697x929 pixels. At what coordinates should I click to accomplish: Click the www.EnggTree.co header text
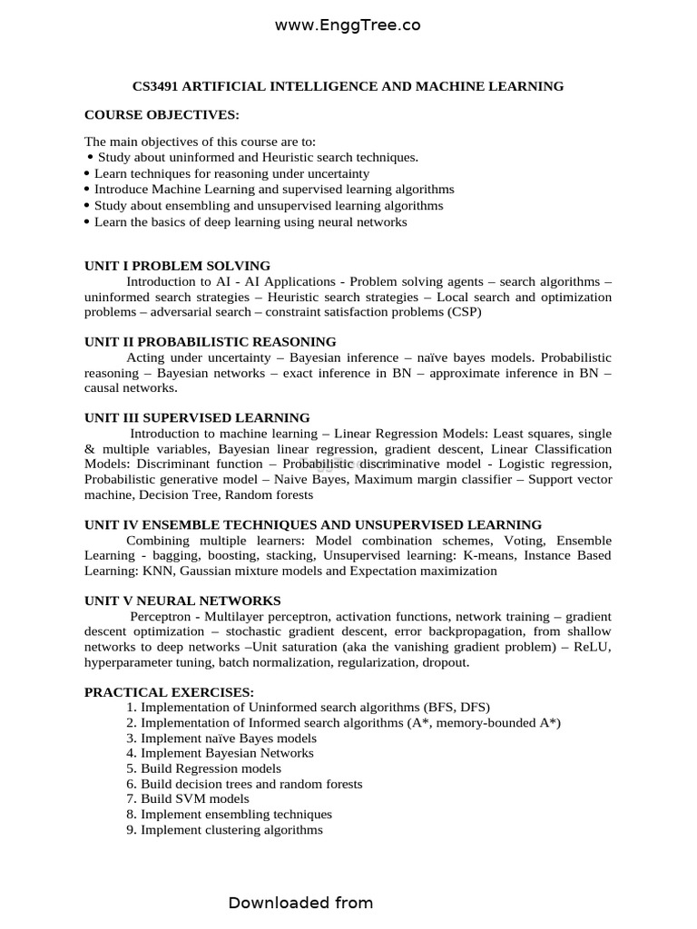pyautogui.click(x=348, y=26)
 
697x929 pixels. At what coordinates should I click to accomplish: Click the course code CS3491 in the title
pyautogui.click(x=156, y=86)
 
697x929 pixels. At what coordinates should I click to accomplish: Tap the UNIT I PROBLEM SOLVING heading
pyautogui.click(x=177, y=266)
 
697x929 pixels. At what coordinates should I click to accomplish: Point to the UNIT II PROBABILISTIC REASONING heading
pyautogui.click(x=210, y=342)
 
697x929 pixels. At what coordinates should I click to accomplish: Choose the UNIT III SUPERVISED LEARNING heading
pyautogui.click(x=197, y=418)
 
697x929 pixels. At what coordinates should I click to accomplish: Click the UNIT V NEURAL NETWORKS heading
pyautogui.click(x=182, y=601)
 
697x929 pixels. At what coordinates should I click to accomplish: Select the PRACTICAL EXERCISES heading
pyautogui.click(x=169, y=692)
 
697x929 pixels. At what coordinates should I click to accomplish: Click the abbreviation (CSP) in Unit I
pyautogui.click(x=460, y=312)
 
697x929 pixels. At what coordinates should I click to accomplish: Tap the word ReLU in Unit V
pyautogui.click(x=594, y=647)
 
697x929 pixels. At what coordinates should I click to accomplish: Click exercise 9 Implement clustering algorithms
pyautogui.click(x=224, y=830)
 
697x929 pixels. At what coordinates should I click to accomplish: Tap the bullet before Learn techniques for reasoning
pyautogui.click(x=87, y=173)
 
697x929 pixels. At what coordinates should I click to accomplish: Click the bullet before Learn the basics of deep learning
pyautogui.click(x=87, y=222)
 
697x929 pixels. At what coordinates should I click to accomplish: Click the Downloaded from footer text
pyautogui.click(x=300, y=903)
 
